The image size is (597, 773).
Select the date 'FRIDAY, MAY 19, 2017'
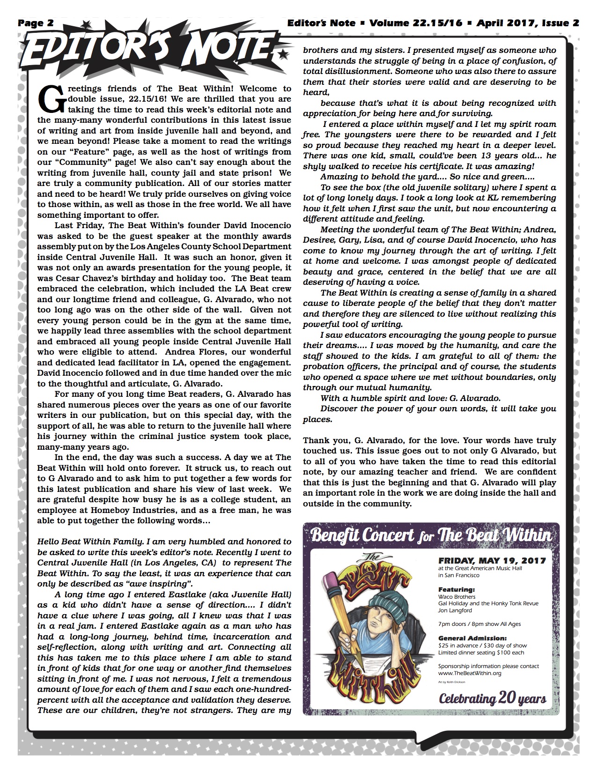492,560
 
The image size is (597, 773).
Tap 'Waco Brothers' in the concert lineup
457,596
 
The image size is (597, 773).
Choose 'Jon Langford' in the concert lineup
455,610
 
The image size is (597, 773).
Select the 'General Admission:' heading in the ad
472,638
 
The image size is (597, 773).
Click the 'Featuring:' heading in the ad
456,589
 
